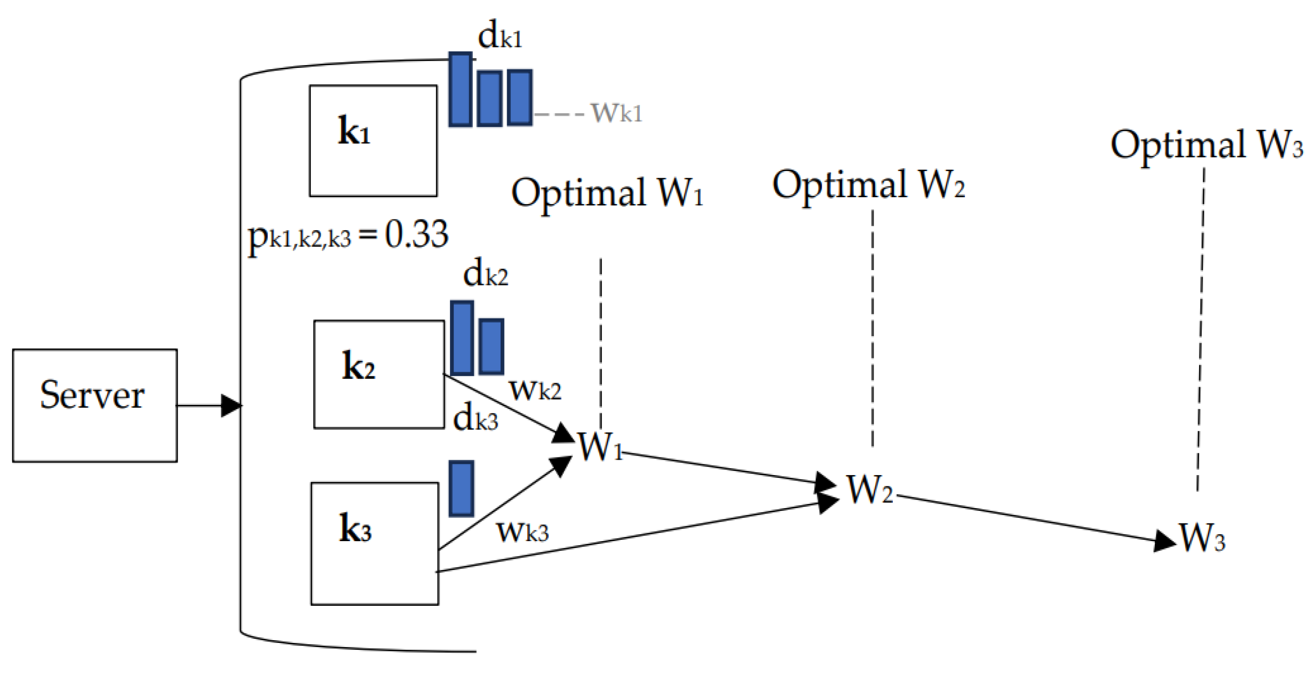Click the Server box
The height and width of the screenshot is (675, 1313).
tap(95, 405)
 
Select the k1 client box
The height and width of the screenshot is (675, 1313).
tap(373, 140)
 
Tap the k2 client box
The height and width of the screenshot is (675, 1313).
tap(379, 374)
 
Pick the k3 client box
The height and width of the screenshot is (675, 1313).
tap(375, 543)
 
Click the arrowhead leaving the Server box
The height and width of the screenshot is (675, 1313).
tap(231, 406)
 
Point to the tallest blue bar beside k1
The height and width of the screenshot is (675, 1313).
tap(460, 90)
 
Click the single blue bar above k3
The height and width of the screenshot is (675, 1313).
tap(461, 489)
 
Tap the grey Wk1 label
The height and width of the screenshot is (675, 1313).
tap(616, 113)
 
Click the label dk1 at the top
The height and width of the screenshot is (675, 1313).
tap(500, 37)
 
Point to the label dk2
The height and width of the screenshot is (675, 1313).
tap(485, 275)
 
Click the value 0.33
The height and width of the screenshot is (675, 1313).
tap(416, 234)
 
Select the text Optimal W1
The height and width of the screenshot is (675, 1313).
tap(607, 192)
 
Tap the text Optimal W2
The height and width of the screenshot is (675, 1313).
tap(868, 185)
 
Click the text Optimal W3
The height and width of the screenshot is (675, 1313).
tap(1206, 145)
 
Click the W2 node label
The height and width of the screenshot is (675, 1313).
tap(870, 490)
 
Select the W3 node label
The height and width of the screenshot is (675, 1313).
tap(1202, 537)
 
